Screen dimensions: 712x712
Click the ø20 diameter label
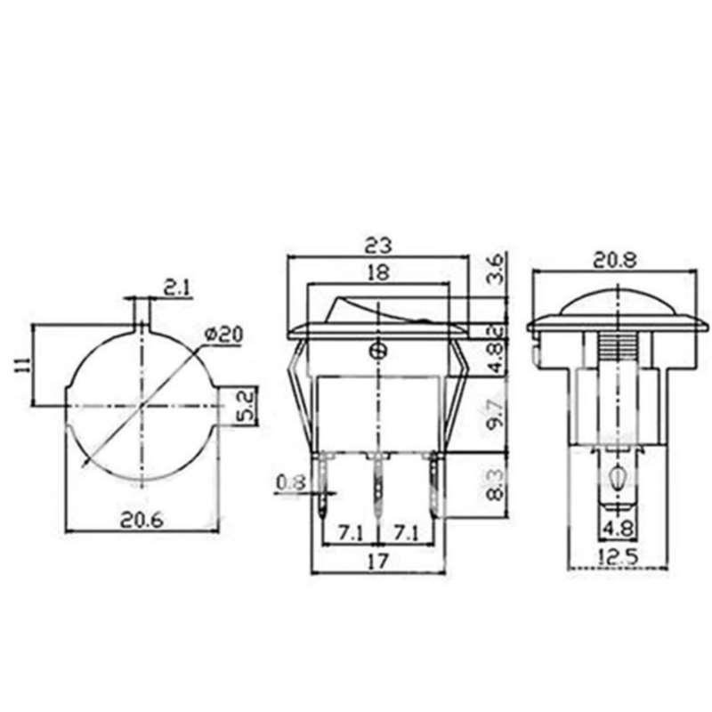coord(224,335)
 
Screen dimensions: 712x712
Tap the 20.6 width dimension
coord(142,520)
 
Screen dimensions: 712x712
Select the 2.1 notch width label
coord(177,287)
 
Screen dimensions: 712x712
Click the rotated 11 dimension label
coord(23,365)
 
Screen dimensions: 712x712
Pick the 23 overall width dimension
coord(378,247)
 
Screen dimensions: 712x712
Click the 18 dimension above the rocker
coord(378,272)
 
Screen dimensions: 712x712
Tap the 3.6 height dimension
coord(496,269)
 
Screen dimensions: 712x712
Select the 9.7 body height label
coord(497,411)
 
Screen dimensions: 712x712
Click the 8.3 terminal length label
coord(497,485)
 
